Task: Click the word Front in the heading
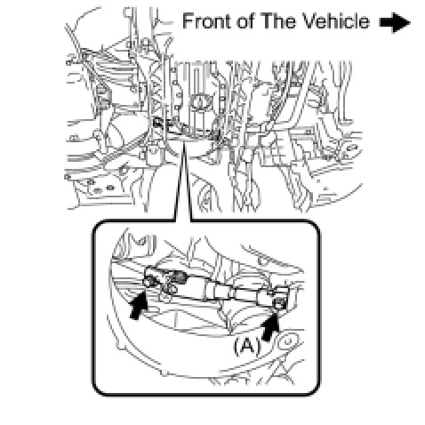(x=207, y=21)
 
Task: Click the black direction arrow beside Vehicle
(x=395, y=22)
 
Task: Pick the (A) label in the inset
(x=246, y=346)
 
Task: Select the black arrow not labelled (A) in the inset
(x=139, y=304)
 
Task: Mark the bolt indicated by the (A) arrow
(x=280, y=302)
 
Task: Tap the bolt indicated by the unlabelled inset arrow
(x=150, y=281)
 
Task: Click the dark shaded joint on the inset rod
(x=180, y=277)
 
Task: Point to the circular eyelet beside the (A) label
(x=288, y=341)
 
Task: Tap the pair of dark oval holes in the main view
(x=104, y=188)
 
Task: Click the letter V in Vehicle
(x=308, y=21)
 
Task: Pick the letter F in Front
(x=188, y=21)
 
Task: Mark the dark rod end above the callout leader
(x=158, y=122)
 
